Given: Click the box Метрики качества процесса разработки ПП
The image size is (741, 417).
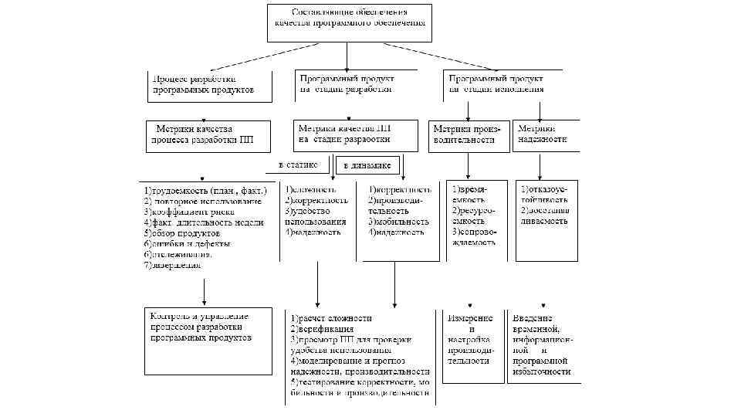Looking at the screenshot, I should click(x=208, y=135).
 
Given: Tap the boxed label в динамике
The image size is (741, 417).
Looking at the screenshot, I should click(x=367, y=165).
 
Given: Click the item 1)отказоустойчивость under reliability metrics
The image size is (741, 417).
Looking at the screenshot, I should click(x=544, y=195).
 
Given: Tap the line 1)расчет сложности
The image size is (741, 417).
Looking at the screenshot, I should click(x=332, y=318).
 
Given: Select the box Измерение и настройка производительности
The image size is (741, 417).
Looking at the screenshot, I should click(x=470, y=339).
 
